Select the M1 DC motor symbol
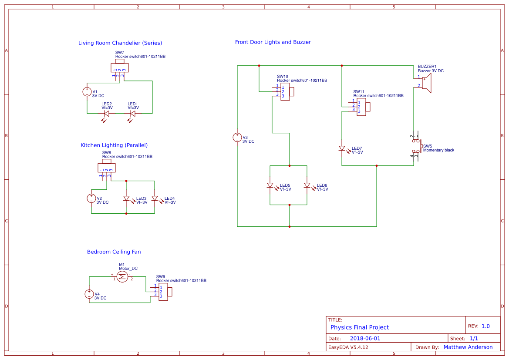click(122, 276)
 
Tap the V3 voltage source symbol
click(237, 138)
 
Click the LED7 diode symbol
click(342, 148)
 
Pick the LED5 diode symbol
click(270, 185)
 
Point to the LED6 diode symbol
click(307, 185)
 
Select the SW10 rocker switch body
click(285, 91)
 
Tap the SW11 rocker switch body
click(361, 107)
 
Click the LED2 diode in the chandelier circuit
click(106, 114)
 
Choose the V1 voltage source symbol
click(87, 92)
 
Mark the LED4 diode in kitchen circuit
click(155, 199)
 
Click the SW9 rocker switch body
click(163, 292)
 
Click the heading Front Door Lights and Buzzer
click(273, 42)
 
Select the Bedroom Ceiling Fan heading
click(114, 252)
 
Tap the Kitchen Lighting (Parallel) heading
click(114, 145)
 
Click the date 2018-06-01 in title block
click(365, 338)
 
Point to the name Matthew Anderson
click(468, 347)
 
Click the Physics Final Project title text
click(359, 327)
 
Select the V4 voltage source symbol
click(89, 294)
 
